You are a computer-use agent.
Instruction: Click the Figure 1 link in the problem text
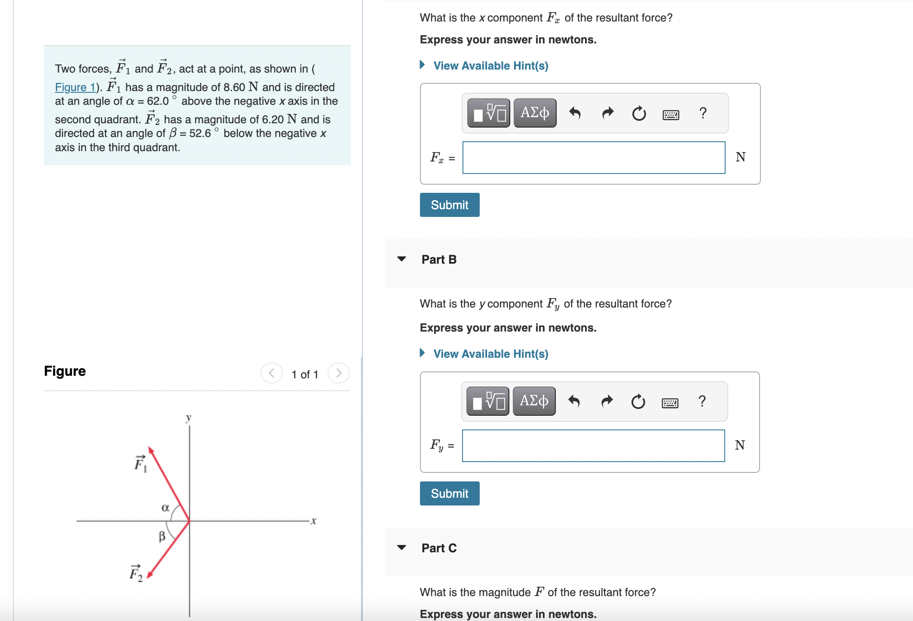pos(75,87)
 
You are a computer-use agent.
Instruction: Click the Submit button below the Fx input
pos(449,205)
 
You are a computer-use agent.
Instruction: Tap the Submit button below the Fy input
pos(449,493)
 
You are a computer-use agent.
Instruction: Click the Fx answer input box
pos(594,158)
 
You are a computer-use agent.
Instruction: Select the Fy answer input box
pos(593,446)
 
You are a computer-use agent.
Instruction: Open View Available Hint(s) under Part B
pos(490,354)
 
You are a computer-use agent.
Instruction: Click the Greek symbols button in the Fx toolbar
pos(535,113)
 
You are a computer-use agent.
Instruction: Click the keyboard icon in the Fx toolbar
pos(671,114)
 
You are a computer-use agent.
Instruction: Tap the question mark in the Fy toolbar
pos(702,401)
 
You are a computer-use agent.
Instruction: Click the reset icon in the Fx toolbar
pos(639,113)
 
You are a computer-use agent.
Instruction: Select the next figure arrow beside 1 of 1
pos(339,373)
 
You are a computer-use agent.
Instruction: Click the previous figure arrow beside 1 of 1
pos(272,373)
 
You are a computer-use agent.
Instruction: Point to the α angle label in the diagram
pos(165,508)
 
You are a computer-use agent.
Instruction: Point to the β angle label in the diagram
pos(162,536)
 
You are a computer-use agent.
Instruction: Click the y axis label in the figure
pos(188,417)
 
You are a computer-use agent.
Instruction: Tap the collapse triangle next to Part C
pos(401,548)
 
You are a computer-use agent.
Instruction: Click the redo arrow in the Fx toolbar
pos(607,113)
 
